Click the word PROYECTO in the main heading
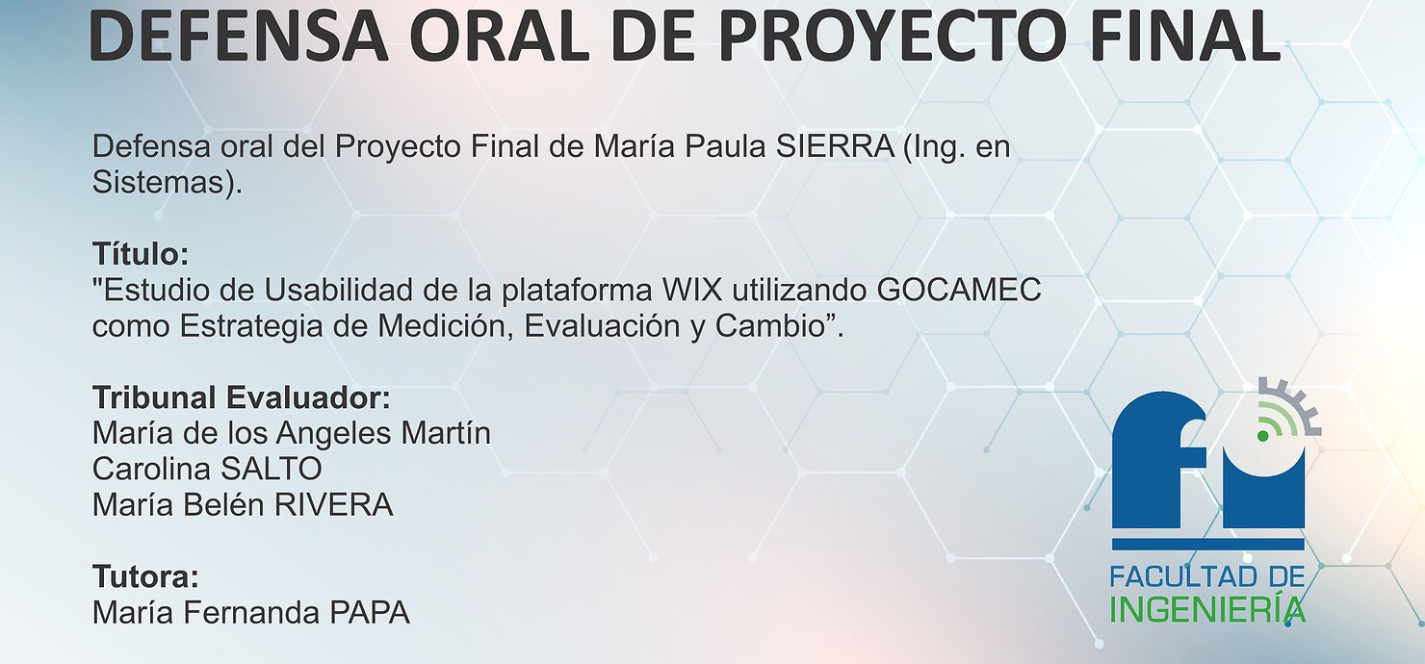pos(893,37)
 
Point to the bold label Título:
pos(141,254)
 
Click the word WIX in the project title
pos(692,290)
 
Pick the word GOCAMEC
pos(959,290)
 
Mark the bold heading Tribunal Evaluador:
pos(242,398)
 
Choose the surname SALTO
pos(271,470)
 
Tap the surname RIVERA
pos(334,505)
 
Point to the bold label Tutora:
pos(145,576)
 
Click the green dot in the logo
pos(1263,436)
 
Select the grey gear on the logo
pos(1298,407)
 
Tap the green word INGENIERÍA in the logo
pos(1207,609)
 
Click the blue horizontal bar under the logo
pos(1208,545)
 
